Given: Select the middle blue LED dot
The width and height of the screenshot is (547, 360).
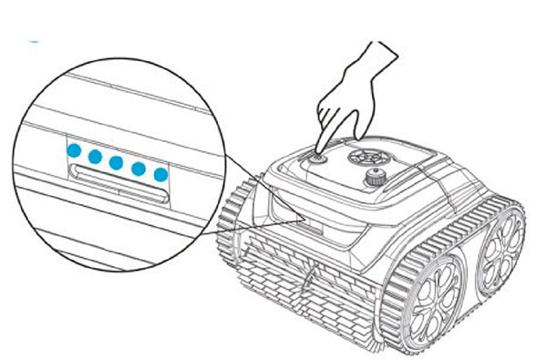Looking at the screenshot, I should [117, 163].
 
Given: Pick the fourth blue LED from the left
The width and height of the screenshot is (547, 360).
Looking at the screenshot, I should [139, 169].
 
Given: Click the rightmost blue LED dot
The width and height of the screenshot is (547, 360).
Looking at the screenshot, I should [160, 174].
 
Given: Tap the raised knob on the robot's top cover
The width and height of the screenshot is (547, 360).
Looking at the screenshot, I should [374, 178].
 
